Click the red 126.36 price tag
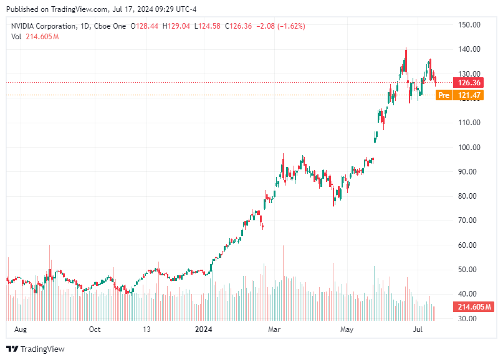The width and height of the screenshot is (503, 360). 469,83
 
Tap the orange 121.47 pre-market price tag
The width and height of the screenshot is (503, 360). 469,95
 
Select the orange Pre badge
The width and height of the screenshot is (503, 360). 443,95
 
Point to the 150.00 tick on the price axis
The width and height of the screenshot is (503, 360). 468,25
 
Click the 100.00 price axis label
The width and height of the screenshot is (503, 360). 468,148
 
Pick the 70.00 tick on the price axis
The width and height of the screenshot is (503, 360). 468,220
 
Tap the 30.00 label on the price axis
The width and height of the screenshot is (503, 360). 468,318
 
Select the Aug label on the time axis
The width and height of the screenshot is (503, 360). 21,329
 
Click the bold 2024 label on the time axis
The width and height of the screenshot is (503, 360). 204,329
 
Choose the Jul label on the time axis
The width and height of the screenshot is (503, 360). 419,329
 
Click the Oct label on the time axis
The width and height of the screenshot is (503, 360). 94,329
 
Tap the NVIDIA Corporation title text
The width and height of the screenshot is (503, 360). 46,26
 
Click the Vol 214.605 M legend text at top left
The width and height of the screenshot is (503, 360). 35,37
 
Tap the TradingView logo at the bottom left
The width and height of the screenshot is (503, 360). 35,349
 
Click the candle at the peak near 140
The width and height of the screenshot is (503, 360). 406,60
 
